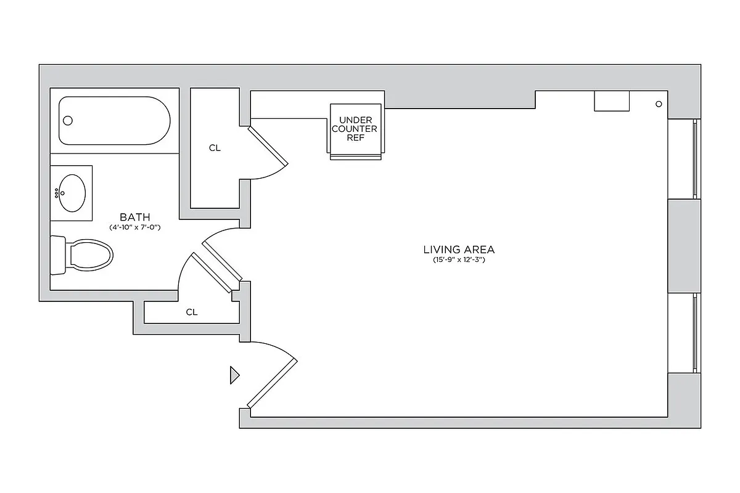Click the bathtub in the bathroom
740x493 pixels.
coord(115,121)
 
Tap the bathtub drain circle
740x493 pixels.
coord(68,121)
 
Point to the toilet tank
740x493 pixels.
coord(58,255)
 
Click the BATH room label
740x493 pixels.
coord(134,217)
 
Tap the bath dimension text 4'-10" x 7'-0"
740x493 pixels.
coord(134,227)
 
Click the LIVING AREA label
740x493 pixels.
coord(459,250)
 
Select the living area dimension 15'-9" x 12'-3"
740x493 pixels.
coord(459,260)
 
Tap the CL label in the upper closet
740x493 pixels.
coord(215,148)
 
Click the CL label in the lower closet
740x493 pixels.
coord(192,312)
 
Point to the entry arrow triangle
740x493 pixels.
coord(234,375)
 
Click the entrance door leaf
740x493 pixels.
coord(273,382)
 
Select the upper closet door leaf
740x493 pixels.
coord(268,147)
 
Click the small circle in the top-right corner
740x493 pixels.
coord(659,104)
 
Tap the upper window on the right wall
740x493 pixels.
coord(694,158)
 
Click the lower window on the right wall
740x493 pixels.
coord(694,333)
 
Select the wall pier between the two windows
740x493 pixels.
coord(684,246)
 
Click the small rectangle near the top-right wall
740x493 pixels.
coord(611,101)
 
